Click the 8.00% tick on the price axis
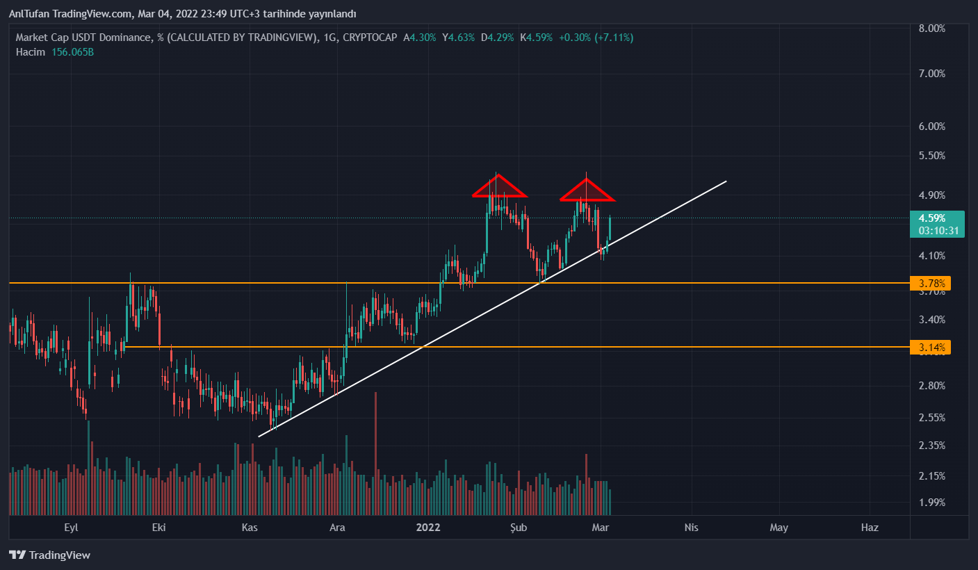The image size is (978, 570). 931,28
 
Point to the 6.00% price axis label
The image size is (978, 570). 931,127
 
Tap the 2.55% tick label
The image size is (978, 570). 931,418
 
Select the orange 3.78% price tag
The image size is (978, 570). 930,284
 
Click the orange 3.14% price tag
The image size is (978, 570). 930,347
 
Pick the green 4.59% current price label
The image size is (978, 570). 936,218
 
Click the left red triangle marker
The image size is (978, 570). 498,186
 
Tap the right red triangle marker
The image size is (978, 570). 587,190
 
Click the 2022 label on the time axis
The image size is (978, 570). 428,528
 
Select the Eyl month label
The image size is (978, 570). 71,528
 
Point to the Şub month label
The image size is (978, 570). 519,528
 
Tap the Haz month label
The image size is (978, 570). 870,528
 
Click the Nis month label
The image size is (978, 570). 691,528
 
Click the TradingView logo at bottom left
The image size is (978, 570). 49,555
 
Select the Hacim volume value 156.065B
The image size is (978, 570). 72,52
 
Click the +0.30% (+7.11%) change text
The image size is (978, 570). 596,38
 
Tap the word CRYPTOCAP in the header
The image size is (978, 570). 370,38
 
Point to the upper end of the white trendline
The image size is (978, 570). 726,181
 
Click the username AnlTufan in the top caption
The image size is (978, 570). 29,14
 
